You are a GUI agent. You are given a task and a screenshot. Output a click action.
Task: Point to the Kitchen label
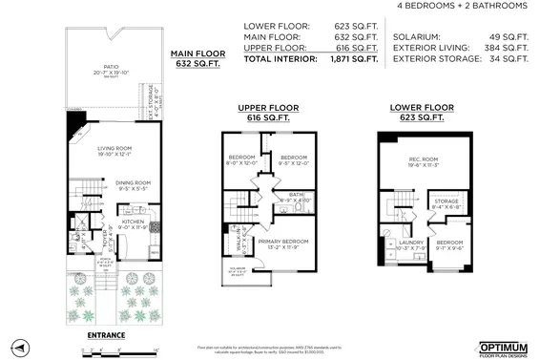(x=132, y=223)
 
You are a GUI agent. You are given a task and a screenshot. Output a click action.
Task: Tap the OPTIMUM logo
(x=502, y=346)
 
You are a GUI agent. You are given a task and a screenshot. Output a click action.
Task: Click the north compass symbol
(x=17, y=346)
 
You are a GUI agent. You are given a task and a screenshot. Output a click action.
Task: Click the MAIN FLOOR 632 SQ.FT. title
(x=197, y=58)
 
